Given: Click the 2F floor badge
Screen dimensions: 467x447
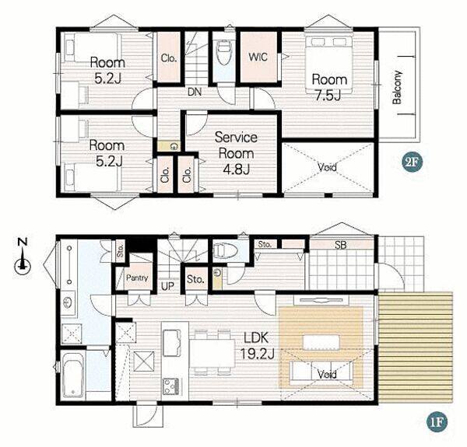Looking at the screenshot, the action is coord(413,162).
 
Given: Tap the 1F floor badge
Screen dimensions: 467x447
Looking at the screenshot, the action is coord(437,421).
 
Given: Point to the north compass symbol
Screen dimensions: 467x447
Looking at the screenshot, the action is coord(23,258).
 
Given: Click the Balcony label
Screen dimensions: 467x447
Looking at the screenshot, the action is coord(397,87).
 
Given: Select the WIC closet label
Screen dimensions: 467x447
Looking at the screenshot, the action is coord(258,57).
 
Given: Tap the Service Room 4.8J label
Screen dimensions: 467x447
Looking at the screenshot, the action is coord(236,153).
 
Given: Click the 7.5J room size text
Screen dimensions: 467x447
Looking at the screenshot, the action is coord(328,96).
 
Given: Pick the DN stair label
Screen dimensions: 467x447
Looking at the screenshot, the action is coord(195,92).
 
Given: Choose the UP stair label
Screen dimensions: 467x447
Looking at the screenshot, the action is coord(167,286).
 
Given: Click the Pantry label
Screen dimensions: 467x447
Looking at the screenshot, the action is coord(137,278).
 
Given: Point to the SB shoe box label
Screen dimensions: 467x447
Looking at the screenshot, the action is coord(341,245).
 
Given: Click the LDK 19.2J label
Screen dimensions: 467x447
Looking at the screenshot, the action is coord(257,346).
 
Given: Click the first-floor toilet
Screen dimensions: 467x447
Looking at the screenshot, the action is coord(226,251).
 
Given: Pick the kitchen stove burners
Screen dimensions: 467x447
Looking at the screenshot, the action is coord(171,386).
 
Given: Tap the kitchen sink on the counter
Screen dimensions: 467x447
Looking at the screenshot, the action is coord(172,343).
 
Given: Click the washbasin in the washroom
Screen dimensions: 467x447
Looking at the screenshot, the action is coord(68,302).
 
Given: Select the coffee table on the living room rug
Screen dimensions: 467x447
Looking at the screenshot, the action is coord(321,342).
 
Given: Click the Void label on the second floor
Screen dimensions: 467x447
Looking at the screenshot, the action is coord(328,167).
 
